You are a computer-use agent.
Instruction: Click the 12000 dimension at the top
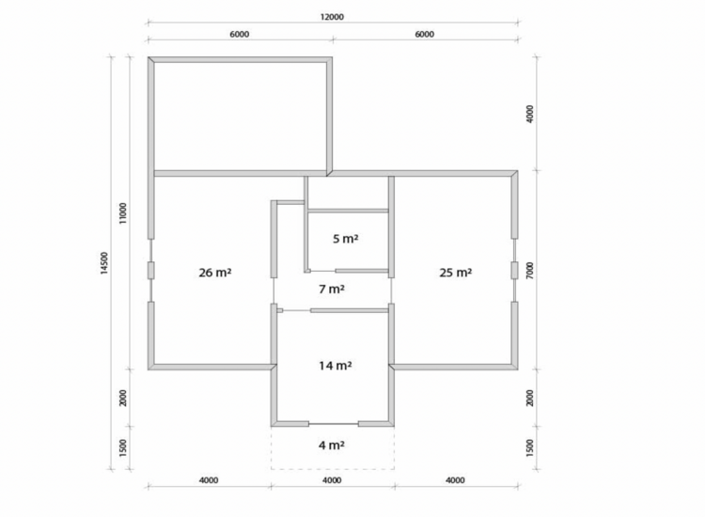tap(332, 17)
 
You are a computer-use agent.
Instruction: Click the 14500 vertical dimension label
tap(104, 263)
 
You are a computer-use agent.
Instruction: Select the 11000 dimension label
tap(123, 213)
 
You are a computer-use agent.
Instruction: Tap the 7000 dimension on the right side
tap(530, 271)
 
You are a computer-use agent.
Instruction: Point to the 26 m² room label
tap(215, 273)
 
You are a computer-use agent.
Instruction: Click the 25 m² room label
tap(456, 273)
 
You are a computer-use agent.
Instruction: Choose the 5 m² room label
tap(345, 239)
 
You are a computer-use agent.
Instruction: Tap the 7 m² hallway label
tap(332, 290)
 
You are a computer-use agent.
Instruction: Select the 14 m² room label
tap(336, 366)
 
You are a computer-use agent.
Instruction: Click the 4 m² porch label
tap(332, 445)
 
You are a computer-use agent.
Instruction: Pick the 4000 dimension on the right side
tap(530, 114)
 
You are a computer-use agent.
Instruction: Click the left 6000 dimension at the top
tap(239, 34)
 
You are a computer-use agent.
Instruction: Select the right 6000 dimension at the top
tap(425, 34)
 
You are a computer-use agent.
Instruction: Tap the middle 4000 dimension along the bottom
tap(332, 480)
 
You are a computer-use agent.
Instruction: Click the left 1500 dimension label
tap(123, 447)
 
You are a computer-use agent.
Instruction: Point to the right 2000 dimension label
tap(530, 398)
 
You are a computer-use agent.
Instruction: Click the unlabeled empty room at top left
tap(240, 116)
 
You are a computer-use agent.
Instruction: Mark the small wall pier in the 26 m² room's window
tap(151, 270)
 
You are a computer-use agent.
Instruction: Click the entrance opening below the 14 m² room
tap(333, 424)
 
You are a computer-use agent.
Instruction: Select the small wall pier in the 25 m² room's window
tap(514, 270)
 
